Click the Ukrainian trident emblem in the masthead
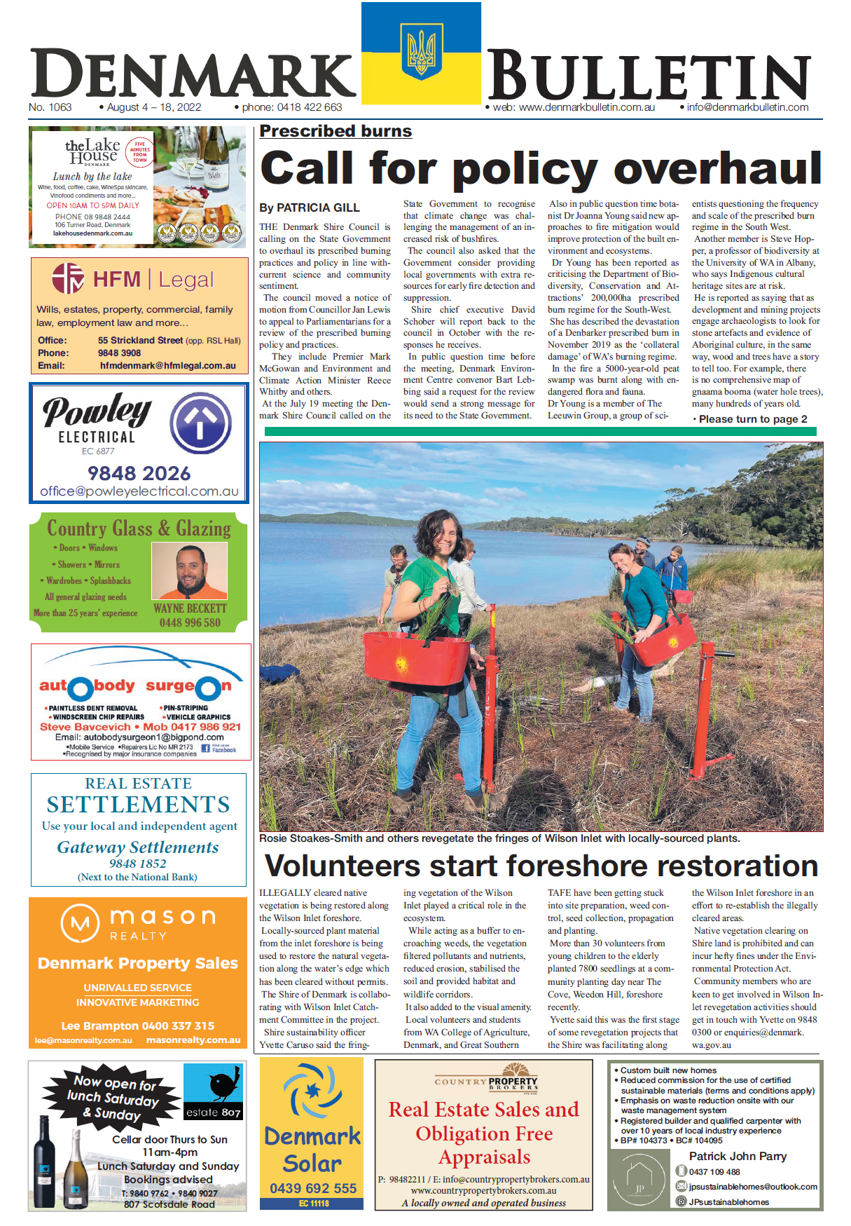pyautogui.click(x=421, y=53)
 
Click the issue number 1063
pyautogui.click(x=60, y=107)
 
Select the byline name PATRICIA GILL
pyautogui.click(x=318, y=207)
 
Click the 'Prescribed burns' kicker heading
pyautogui.click(x=335, y=131)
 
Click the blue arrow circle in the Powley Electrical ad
pyautogui.click(x=201, y=423)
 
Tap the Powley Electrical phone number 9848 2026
pyautogui.click(x=139, y=473)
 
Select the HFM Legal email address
pyautogui.click(x=167, y=365)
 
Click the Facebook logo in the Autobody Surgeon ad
pyautogui.click(x=206, y=749)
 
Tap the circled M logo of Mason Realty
pyautogui.click(x=81, y=923)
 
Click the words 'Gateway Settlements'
pyautogui.click(x=138, y=847)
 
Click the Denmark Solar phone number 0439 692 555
pyautogui.click(x=312, y=1188)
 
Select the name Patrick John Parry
pyautogui.click(x=738, y=1156)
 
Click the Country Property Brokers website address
pyautogui.click(x=483, y=1190)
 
